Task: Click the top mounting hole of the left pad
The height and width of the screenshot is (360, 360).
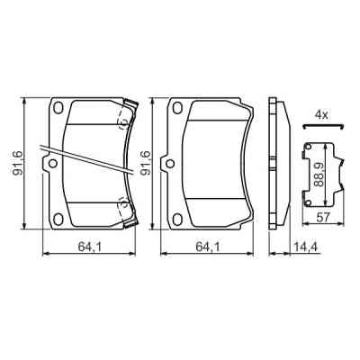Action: point(59,109)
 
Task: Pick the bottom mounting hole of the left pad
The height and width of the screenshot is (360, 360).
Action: point(59,216)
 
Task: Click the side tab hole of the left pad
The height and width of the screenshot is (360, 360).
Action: point(51,164)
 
